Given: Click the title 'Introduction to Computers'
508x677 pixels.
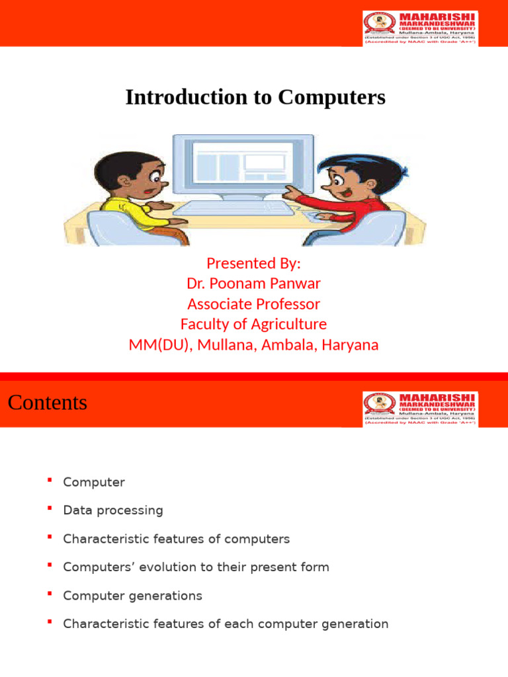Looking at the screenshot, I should coord(255,98).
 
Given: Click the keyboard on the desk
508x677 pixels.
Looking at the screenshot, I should coord(234,208).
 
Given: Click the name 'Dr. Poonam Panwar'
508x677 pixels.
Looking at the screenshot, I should coord(253,284).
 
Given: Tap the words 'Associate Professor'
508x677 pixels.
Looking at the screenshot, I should coord(253,304).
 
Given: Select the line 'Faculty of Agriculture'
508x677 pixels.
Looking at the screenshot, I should coord(253,325).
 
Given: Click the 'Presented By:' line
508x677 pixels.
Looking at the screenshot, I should coord(253,263).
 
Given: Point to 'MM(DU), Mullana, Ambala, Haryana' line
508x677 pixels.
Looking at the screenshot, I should coord(253,345).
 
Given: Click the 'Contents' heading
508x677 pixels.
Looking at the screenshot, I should coord(48,403).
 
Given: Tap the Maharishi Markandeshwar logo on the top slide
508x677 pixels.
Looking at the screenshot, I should coord(421,28).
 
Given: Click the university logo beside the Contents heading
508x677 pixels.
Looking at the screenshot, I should coord(421,409).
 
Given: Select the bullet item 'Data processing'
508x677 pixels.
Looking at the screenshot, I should coord(112,510).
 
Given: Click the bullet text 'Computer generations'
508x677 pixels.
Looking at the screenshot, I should coord(132,596).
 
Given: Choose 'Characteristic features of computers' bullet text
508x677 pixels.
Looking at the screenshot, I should coord(176,539).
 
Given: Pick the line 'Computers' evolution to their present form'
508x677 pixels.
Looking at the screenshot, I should coord(196,567).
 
